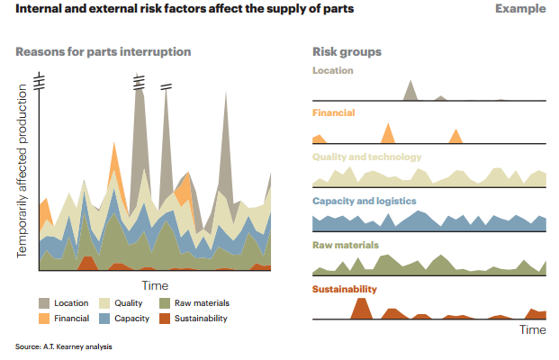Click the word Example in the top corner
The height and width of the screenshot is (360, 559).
tap(519, 9)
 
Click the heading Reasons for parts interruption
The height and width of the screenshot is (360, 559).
tap(104, 51)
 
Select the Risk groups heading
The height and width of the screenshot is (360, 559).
tap(347, 51)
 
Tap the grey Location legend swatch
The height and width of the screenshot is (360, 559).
tap(44, 303)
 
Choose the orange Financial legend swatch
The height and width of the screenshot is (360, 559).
tap(44, 319)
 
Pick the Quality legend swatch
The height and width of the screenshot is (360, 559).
tap(104, 303)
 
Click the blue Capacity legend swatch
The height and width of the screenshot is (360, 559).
tap(104, 319)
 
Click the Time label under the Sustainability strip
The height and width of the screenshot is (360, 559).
tap(532, 329)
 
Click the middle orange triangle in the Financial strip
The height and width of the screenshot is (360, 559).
tap(388, 134)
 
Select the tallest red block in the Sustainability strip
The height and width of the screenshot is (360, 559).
tap(361, 308)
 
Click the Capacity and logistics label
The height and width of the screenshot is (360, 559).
tap(364, 201)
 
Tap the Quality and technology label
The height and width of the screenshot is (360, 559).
tap(366, 157)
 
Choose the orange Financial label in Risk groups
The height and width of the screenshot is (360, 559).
tap(333, 113)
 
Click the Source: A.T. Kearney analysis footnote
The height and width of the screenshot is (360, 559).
tap(64, 346)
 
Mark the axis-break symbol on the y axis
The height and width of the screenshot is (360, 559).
tap(39, 84)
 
